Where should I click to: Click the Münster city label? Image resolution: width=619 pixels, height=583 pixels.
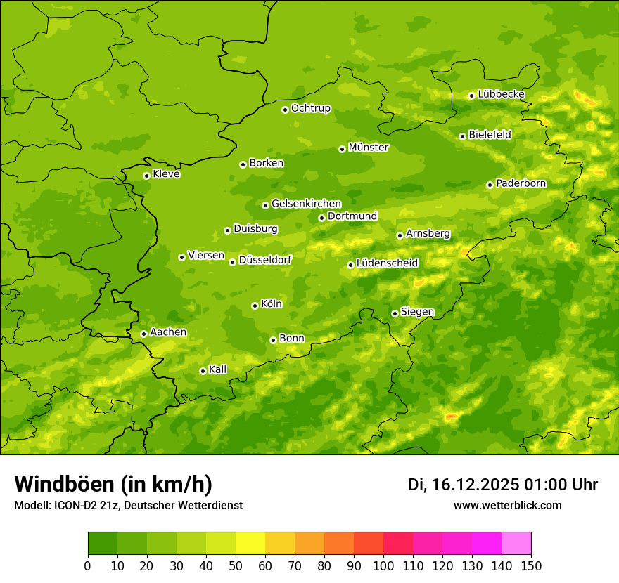[369, 148]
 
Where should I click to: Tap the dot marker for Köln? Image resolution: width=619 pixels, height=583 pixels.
[255, 306]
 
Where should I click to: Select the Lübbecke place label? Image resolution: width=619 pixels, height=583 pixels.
[501, 94]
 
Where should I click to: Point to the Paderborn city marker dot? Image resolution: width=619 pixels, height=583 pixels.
[490, 185]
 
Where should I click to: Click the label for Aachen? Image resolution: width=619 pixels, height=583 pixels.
[168, 332]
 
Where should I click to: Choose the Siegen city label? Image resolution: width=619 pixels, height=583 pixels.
[417, 312]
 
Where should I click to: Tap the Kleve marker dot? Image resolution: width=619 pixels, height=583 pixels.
[146, 176]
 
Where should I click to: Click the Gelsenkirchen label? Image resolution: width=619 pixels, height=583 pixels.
[306, 204]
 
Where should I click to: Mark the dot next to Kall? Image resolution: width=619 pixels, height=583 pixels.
[203, 371]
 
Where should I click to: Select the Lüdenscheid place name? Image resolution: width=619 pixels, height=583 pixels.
[387, 263]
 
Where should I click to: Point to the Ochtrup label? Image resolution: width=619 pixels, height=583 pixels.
[310, 108]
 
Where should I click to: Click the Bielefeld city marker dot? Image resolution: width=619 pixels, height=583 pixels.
[462, 136]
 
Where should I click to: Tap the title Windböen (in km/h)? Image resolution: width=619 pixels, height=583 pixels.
[113, 485]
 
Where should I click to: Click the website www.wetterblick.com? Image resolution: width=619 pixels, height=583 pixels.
[507, 506]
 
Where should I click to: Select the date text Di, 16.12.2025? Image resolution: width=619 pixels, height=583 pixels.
[464, 485]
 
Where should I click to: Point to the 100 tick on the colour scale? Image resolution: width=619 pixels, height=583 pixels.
[383, 565]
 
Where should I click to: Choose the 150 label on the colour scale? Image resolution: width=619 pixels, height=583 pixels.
[531, 565]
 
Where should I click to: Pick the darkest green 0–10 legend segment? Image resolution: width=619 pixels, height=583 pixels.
[103, 544]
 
